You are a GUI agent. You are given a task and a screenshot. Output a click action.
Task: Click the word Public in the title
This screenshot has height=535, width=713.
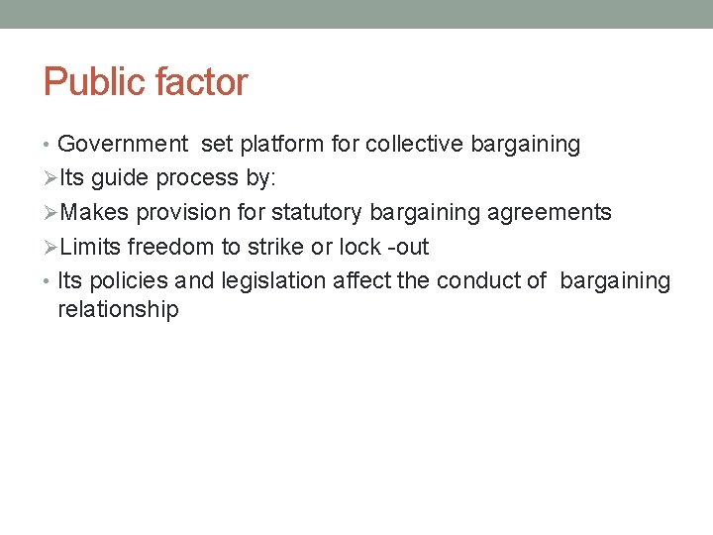(x=90, y=82)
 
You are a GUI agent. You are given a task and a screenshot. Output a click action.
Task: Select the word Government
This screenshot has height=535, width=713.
(x=123, y=145)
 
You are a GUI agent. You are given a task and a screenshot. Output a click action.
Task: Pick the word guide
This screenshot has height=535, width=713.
(x=122, y=179)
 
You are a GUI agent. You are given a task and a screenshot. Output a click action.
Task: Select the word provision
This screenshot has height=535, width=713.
(x=182, y=213)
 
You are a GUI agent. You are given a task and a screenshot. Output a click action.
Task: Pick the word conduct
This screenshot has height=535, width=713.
(x=477, y=281)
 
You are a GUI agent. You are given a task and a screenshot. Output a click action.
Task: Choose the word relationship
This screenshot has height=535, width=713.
(x=118, y=310)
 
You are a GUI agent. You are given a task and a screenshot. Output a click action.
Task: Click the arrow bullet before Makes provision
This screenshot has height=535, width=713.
(x=51, y=213)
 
